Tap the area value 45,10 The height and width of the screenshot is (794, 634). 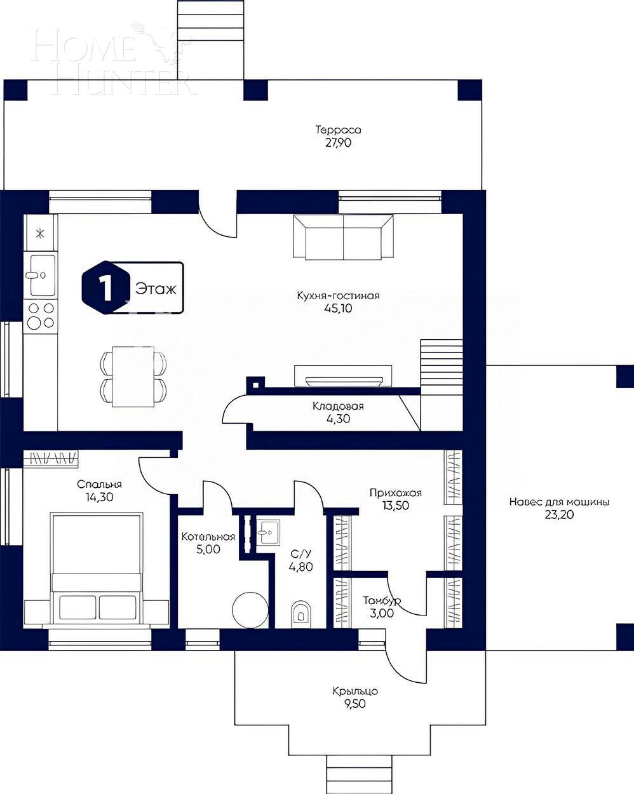click(338, 309)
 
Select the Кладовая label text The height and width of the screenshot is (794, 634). click(338, 407)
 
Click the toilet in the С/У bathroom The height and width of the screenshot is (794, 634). click(300, 614)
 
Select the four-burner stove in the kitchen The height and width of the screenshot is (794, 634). click(40, 315)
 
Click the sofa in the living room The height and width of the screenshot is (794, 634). click(343, 237)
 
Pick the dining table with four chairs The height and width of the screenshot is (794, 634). click(133, 376)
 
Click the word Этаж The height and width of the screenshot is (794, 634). click(155, 288)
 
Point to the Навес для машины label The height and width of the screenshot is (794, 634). click(559, 502)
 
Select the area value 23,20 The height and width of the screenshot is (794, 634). click(559, 515)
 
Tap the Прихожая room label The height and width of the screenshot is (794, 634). click(396, 493)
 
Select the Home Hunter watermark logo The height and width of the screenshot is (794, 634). click(111, 60)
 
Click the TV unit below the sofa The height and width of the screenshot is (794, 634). click(343, 377)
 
